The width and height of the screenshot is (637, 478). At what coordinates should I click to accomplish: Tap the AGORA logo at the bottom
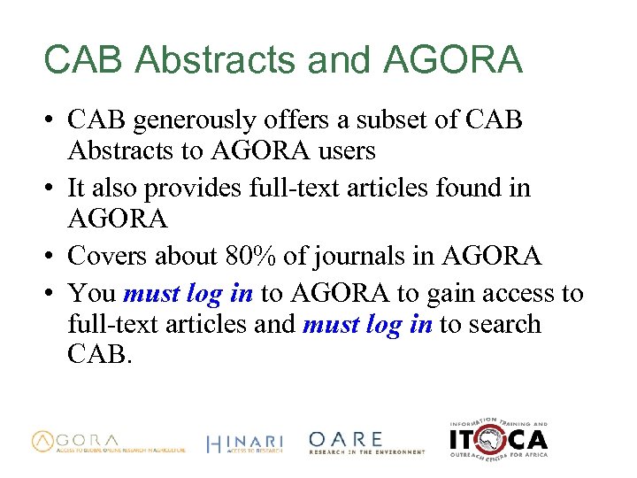(109, 442)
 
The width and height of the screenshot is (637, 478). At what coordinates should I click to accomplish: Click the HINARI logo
(244, 443)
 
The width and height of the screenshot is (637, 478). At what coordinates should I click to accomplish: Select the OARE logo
(366, 443)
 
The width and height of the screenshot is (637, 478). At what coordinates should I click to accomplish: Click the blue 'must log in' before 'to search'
(367, 325)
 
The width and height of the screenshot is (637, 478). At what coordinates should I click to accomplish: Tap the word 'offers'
(301, 119)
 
